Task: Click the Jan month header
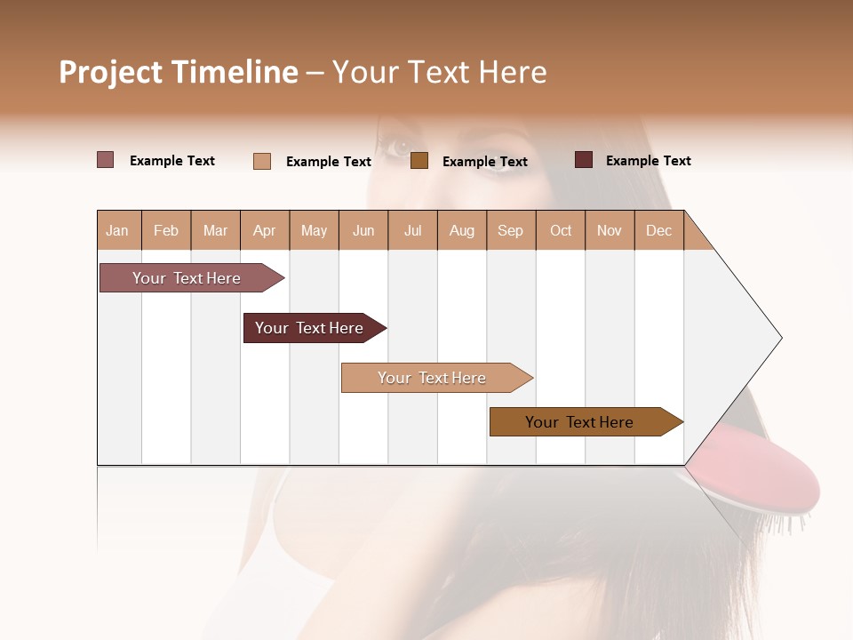(x=118, y=230)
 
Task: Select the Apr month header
(x=265, y=230)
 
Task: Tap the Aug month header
(x=462, y=230)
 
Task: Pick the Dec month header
(x=658, y=230)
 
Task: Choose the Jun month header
(x=363, y=230)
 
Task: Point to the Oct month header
(x=561, y=230)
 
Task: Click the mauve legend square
(x=105, y=160)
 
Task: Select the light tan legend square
(x=262, y=161)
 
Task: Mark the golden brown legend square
(x=419, y=161)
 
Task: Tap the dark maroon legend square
(x=584, y=160)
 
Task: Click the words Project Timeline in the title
(x=179, y=72)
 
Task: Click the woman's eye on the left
(x=397, y=146)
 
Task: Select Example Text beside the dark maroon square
(x=648, y=160)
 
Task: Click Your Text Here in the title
(x=440, y=72)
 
